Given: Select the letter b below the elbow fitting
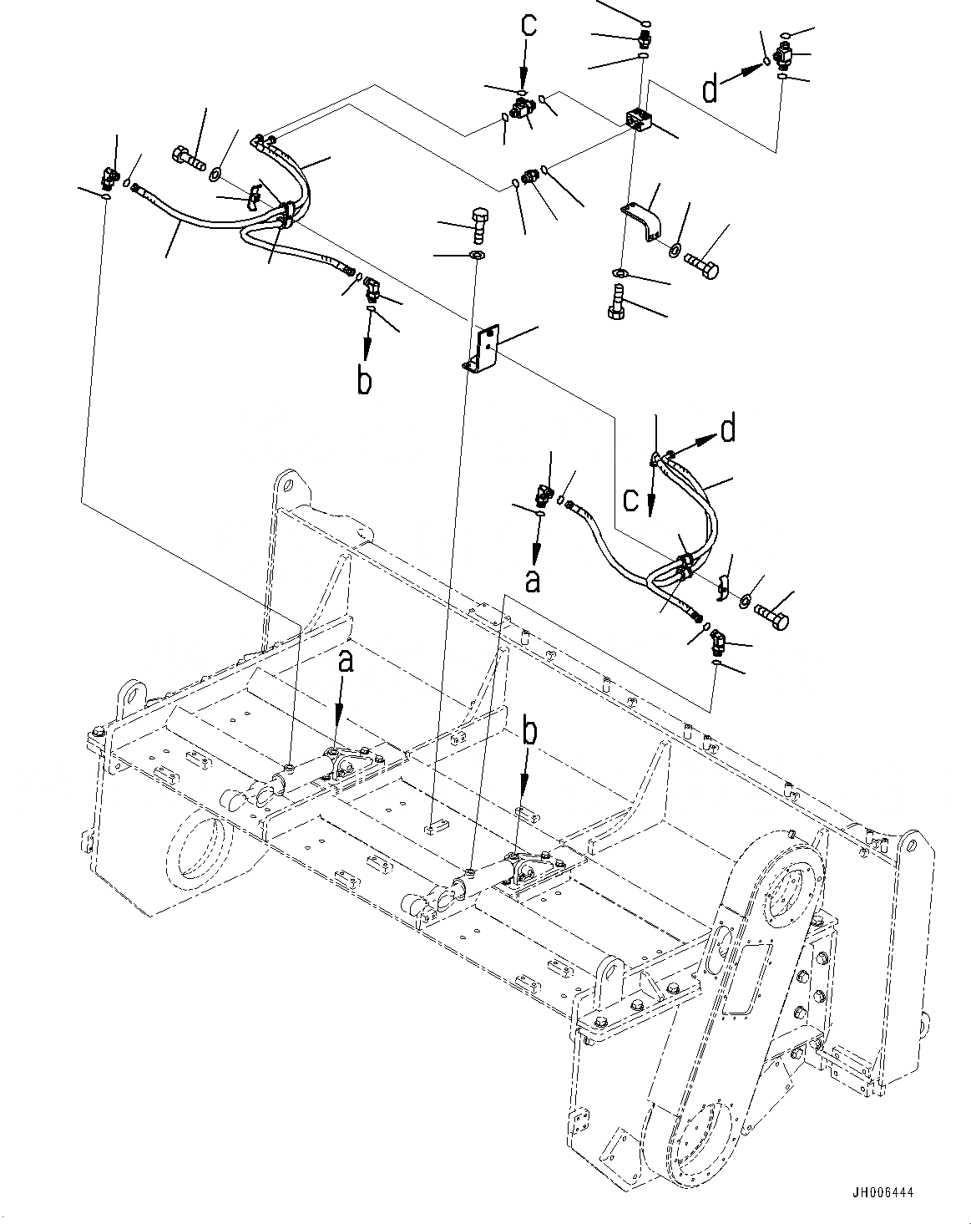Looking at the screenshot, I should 364,379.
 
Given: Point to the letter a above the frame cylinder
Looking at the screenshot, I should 345,663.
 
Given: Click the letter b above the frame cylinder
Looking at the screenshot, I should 529,733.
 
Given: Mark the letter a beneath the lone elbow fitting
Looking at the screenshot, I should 532,580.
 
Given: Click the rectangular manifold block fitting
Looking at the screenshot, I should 639,120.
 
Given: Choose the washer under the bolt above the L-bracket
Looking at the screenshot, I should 477,254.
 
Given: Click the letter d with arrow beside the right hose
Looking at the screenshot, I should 728,430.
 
